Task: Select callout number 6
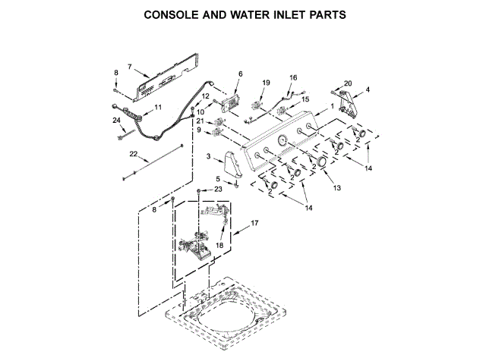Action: (240, 74)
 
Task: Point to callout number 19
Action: (266, 82)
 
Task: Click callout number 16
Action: (293, 77)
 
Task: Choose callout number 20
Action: (348, 83)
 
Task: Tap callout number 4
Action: (368, 90)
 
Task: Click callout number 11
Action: (158, 108)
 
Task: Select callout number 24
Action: (116, 121)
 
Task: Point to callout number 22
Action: (133, 154)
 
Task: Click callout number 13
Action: (337, 187)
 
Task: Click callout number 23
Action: (217, 189)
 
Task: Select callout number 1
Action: (331, 106)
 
